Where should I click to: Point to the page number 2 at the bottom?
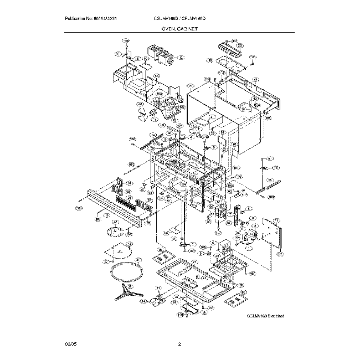179,345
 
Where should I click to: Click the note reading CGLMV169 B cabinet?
265,315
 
